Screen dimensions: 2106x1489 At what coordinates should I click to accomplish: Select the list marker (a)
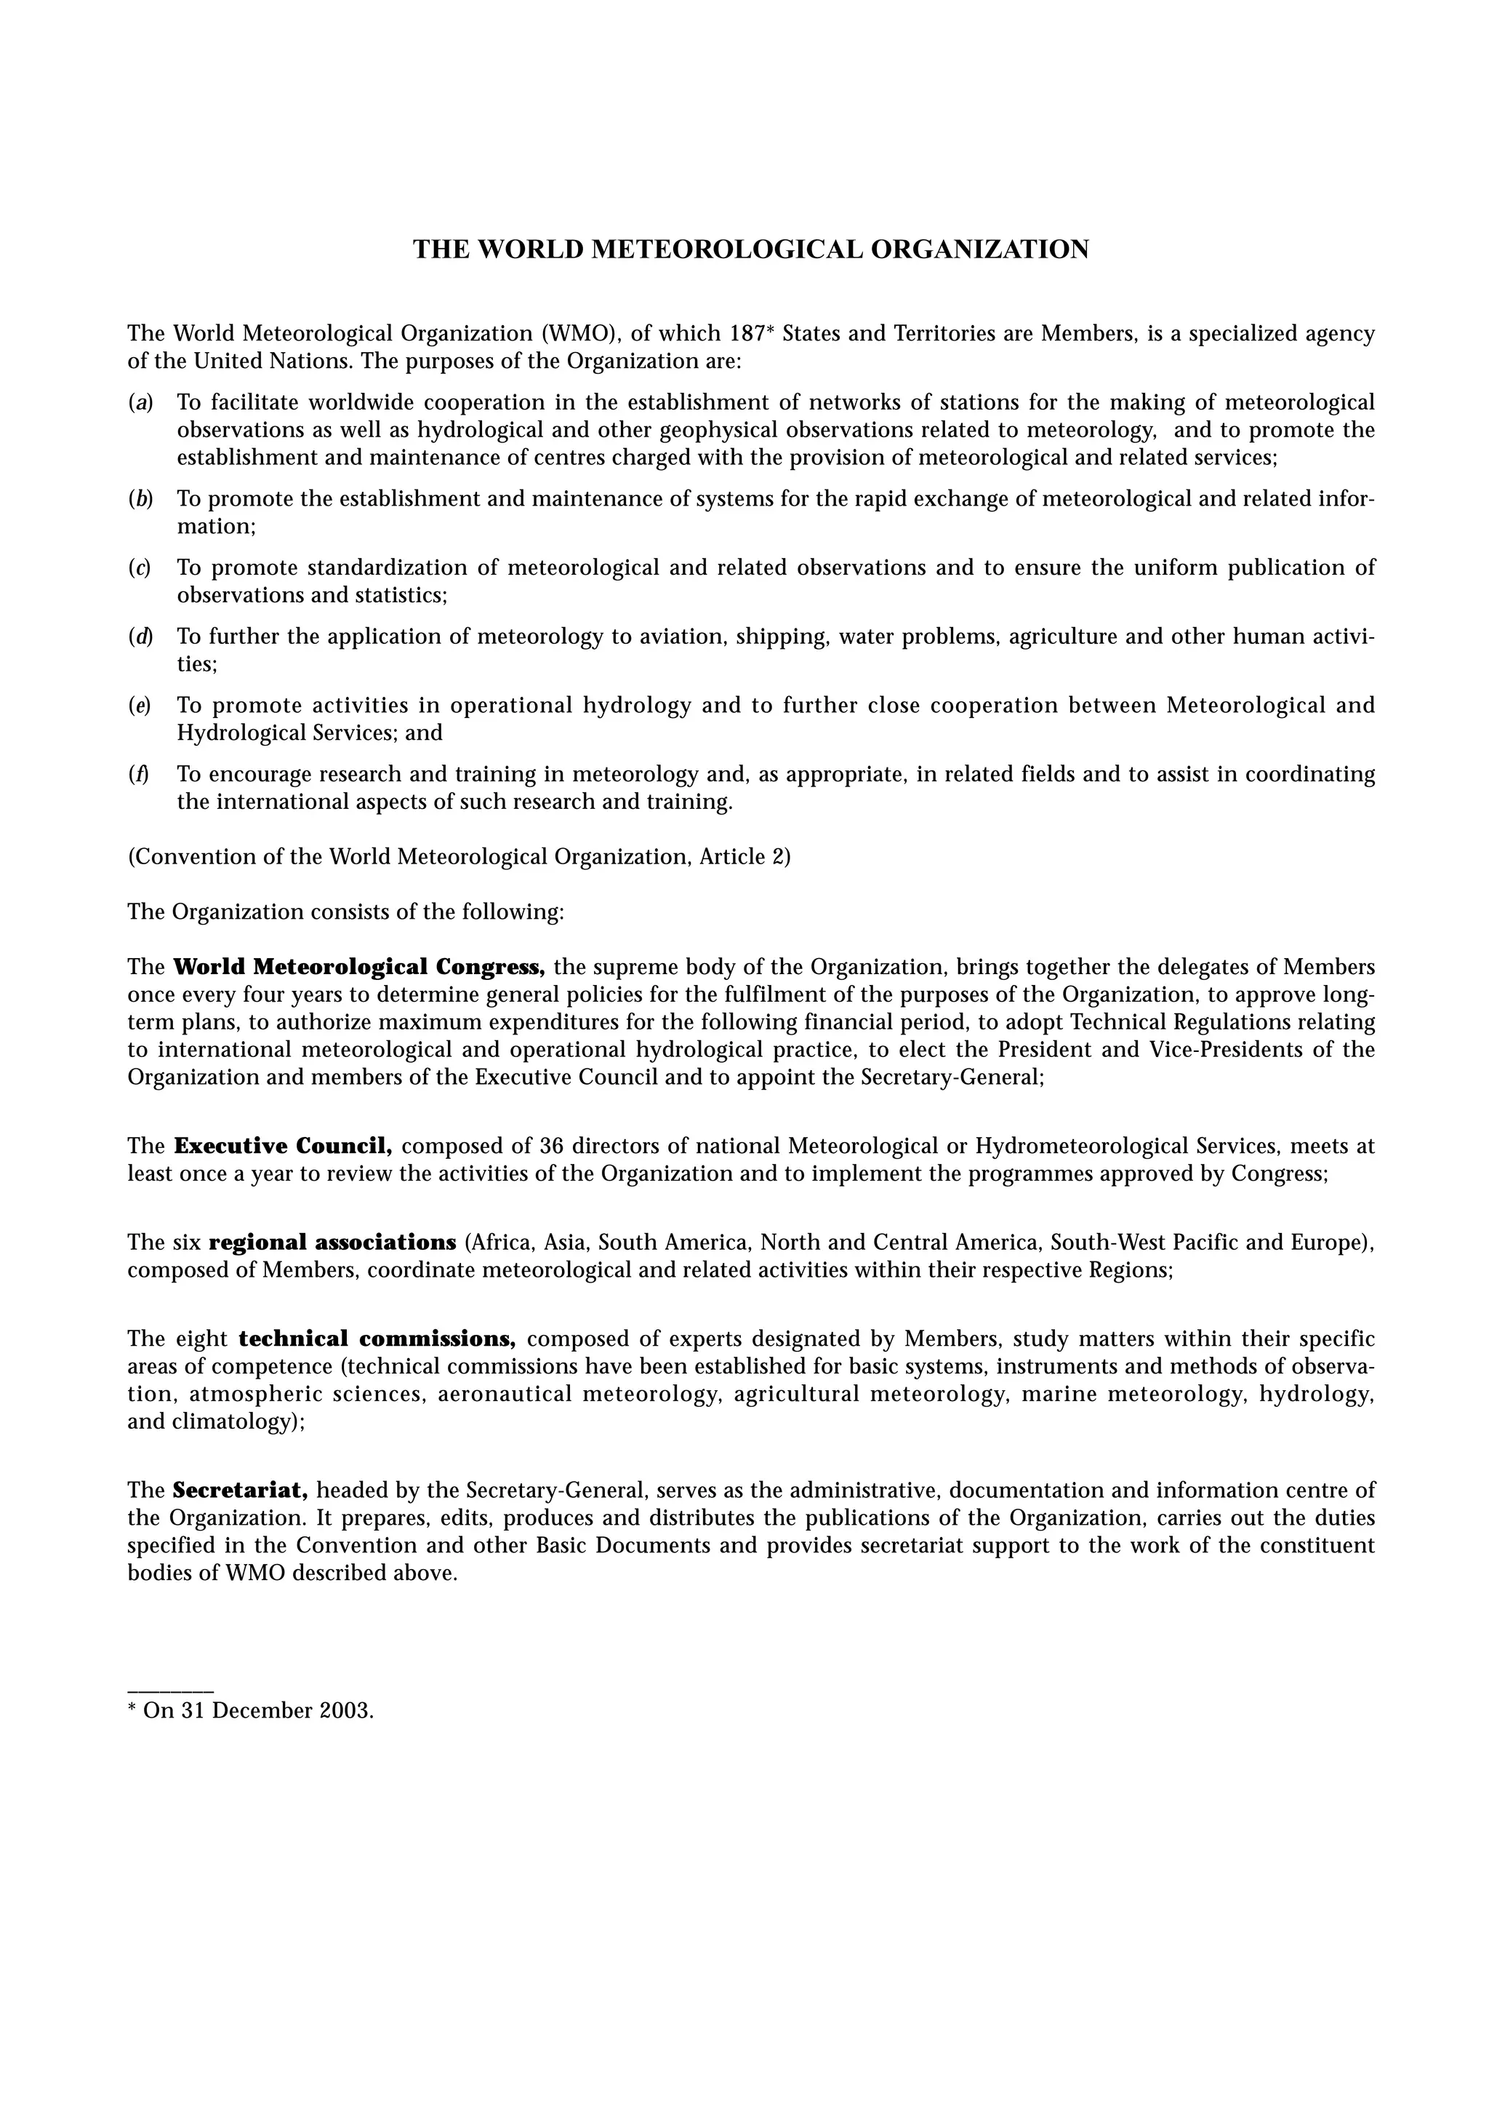pyautogui.click(x=140, y=402)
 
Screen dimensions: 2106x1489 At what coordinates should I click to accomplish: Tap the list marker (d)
pyautogui.click(x=140, y=636)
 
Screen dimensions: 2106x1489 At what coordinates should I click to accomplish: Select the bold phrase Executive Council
pyautogui.click(x=284, y=1146)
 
